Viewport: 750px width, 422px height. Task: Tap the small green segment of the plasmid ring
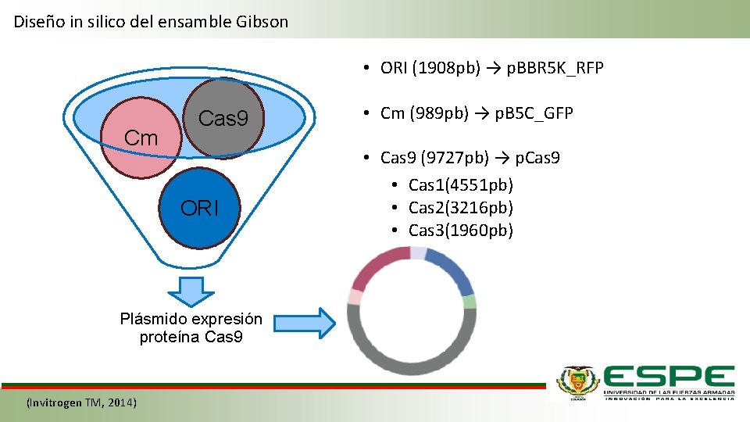469,301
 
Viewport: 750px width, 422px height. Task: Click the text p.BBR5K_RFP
555,68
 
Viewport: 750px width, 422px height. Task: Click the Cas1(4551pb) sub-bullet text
461,185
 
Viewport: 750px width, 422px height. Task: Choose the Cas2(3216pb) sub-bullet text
461,208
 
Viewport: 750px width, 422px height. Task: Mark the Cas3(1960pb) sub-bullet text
461,231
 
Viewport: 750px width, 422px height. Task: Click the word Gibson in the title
261,22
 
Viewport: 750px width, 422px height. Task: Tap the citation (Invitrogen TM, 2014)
81,402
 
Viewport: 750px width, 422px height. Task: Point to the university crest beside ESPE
577,383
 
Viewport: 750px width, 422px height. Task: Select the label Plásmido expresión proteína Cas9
191,328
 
